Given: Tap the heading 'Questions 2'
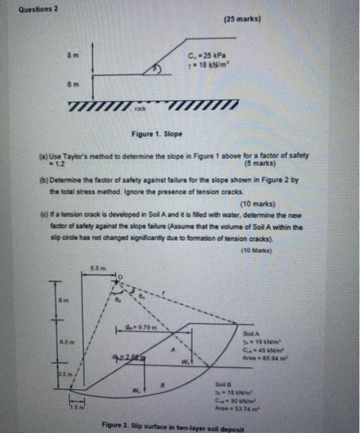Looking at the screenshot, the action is pyautogui.click(x=38, y=9).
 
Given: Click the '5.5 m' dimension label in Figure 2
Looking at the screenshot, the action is pyautogui.click(x=94, y=265).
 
